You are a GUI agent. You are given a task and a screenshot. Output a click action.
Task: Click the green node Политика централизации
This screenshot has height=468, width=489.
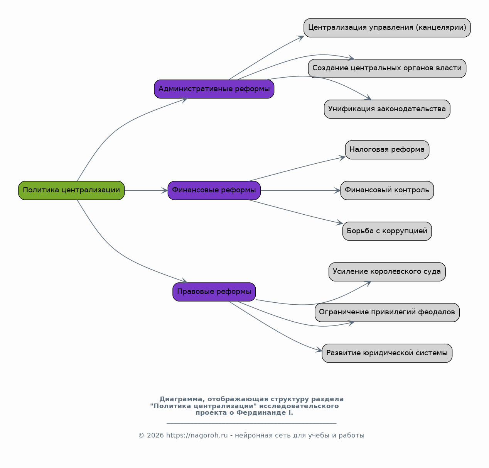pos(71,190)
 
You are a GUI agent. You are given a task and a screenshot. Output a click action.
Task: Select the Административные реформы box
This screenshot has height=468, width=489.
pos(214,89)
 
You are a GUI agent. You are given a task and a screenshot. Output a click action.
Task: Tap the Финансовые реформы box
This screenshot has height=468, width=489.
pos(214,190)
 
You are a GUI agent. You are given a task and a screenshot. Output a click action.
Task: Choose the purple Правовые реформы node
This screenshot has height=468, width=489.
pos(214,292)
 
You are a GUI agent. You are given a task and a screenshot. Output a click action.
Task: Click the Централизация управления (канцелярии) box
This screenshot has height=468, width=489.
pos(387,28)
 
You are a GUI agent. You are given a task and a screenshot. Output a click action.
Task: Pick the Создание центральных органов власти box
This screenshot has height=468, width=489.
pos(387,68)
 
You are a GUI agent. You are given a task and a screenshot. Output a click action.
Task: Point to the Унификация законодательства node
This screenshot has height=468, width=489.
pos(387,109)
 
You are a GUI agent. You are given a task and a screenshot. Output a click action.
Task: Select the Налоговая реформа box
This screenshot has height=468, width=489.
pos(387,150)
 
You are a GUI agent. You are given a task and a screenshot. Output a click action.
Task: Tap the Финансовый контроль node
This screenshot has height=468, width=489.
pos(387,190)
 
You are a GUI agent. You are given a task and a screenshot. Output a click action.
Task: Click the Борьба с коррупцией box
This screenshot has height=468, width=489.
pos(387,231)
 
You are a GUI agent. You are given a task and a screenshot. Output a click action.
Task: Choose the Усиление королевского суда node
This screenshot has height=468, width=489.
pos(387,272)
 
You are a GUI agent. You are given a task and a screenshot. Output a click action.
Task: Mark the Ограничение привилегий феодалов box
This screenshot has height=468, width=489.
pos(387,312)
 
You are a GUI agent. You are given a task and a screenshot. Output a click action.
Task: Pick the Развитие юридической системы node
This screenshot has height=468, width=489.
pos(387,353)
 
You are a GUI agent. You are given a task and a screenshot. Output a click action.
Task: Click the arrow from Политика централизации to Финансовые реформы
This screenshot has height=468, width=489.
pos(146,190)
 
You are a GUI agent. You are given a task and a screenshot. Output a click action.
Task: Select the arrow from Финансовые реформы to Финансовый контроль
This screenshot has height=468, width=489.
pos(300,190)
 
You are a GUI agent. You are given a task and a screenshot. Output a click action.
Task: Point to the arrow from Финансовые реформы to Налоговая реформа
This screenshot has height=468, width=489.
pos(297,169)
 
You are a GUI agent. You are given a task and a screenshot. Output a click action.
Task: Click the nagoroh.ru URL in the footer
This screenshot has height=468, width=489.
pos(197,436)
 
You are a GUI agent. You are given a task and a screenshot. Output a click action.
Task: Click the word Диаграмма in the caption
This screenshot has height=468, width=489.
pos(180,399)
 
